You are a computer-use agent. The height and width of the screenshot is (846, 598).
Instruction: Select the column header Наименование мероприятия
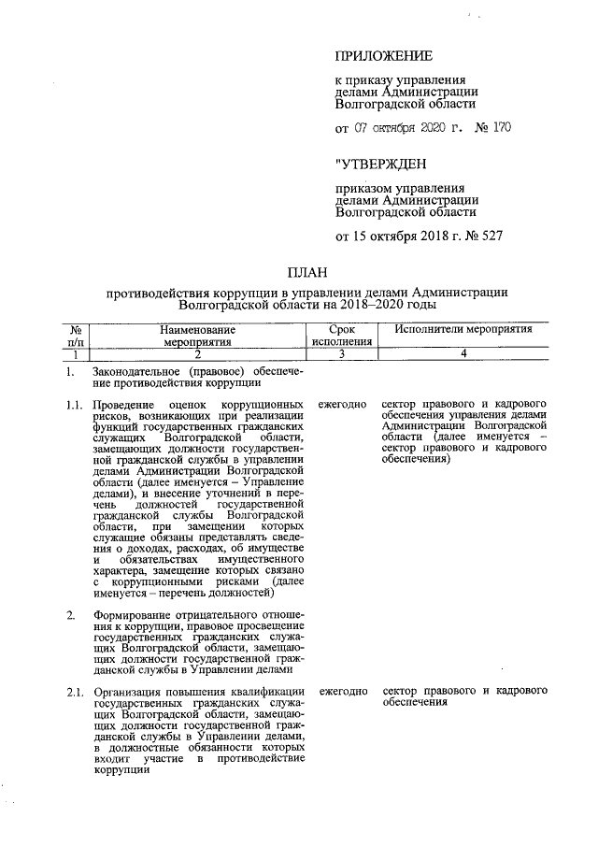pyautogui.click(x=197, y=336)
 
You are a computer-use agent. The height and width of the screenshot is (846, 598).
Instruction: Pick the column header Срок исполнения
pyautogui.click(x=341, y=336)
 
